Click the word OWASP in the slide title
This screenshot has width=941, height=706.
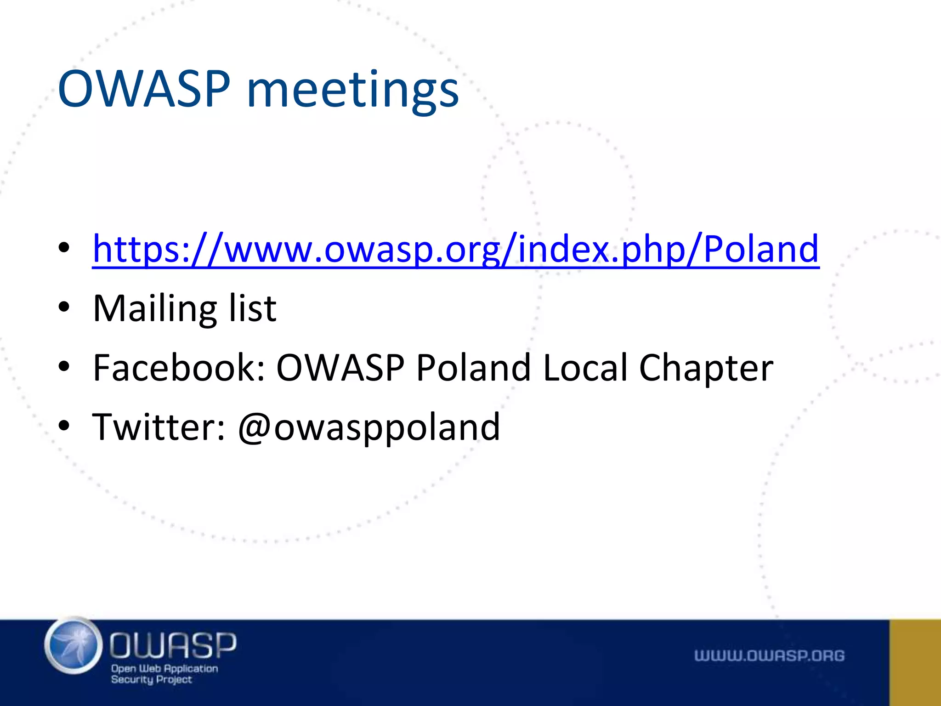tap(144, 89)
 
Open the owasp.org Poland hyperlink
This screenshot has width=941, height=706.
tap(455, 250)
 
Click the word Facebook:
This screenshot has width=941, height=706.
tap(179, 368)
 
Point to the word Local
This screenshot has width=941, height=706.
tap(585, 368)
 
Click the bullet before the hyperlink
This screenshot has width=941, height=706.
tap(64, 248)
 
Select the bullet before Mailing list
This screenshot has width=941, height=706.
tap(64, 307)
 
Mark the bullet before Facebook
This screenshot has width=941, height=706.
tap(64, 367)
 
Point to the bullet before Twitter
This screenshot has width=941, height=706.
tap(64, 426)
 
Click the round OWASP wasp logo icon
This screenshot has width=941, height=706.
tap(74, 646)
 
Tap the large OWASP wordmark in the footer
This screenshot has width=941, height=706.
tap(173, 645)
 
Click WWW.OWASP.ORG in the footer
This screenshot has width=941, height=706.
tap(769, 656)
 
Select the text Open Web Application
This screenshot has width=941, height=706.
tap(164, 669)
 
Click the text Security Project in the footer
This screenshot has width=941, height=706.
tap(151, 680)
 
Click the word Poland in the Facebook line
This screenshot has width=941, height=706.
tap(473, 368)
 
